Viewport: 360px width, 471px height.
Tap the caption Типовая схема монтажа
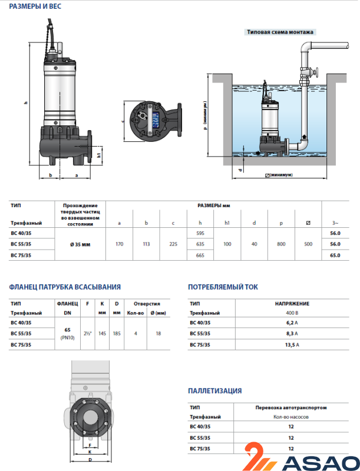(x=280, y=32)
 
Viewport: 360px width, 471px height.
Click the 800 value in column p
(x=280, y=244)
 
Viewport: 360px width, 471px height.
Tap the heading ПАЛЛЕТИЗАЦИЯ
(x=214, y=391)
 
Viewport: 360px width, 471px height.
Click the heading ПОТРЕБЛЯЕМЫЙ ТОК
(x=222, y=287)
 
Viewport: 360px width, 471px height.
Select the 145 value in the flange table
(x=103, y=334)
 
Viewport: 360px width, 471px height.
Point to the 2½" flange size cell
(x=88, y=334)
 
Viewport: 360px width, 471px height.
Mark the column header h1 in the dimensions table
(x=227, y=223)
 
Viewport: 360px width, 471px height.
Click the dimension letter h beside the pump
(x=27, y=103)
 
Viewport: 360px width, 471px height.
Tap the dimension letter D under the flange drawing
(x=89, y=458)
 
